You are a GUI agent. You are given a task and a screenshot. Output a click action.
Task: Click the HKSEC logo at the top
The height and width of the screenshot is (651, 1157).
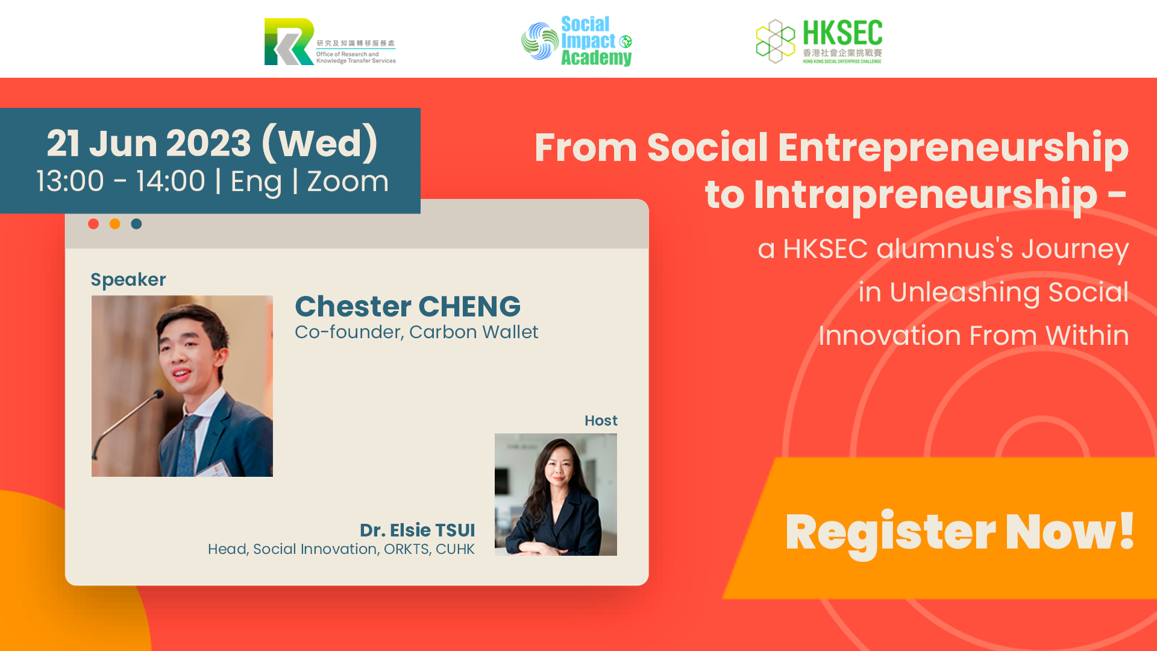click(x=819, y=41)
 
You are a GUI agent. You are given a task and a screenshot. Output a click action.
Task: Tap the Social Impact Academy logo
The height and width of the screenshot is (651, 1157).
click(x=577, y=41)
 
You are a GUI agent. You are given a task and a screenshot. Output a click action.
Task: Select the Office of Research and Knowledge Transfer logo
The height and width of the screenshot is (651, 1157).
click(x=330, y=41)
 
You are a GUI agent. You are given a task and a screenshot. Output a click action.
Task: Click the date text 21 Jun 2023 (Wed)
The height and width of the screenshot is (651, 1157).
click(x=212, y=143)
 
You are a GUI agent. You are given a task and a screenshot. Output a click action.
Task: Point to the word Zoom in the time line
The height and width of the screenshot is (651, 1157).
click(x=348, y=181)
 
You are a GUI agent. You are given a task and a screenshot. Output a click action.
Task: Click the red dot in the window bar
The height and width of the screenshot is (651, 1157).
click(x=93, y=224)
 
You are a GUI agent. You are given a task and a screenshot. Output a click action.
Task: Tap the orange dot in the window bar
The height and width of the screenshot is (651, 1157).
click(x=115, y=224)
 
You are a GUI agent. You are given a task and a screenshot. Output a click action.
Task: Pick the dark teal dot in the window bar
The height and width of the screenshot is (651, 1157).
click(x=137, y=224)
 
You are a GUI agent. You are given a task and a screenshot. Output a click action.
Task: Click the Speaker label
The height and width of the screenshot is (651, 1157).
click(x=128, y=280)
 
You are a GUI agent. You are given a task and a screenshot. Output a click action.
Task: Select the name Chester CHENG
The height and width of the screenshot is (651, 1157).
click(x=408, y=306)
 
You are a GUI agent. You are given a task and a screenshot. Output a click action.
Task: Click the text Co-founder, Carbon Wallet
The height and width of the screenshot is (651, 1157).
click(x=416, y=332)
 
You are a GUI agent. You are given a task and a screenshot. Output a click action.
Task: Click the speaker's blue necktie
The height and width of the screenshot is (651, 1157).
click(x=190, y=446)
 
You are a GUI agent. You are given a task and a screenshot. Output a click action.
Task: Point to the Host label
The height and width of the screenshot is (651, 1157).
click(x=601, y=421)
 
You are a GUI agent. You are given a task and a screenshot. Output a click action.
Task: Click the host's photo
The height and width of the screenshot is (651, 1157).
click(x=556, y=494)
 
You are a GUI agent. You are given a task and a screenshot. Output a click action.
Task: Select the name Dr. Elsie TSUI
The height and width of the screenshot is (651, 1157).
click(x=417, y=530)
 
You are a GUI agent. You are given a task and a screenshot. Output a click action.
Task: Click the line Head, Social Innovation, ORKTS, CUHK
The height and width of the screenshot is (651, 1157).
click(x=341, y=549)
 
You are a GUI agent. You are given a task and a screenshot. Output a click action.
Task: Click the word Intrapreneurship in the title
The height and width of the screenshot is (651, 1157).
click(x=926, y=195)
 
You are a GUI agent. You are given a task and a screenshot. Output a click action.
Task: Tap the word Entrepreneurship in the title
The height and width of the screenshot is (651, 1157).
click(x=953, y=148)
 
